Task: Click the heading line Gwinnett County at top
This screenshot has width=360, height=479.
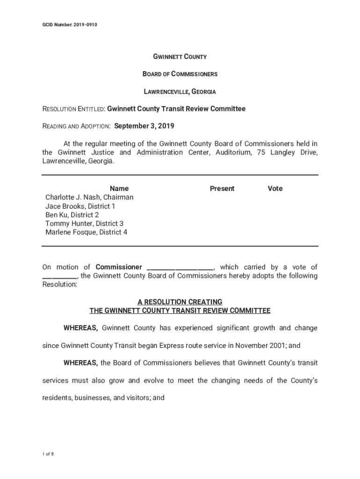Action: pos(180,57)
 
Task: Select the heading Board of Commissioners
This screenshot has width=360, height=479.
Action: pos(180,74)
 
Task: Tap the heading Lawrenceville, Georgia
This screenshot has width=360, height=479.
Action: pos(180,92)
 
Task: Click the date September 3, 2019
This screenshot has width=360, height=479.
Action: pos(144,126)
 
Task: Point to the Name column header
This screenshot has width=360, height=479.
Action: pos(119,189)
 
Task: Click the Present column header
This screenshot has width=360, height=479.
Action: pos(222,189)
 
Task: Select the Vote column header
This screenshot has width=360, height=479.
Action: pos(275,189)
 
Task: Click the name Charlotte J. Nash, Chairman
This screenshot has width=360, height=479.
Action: pos(89,197)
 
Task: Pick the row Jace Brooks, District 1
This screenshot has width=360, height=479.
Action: pos(80,206)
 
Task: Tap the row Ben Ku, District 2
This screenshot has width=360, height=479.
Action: pos(72,215)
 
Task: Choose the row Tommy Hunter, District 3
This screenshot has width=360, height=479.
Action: pos(84,224)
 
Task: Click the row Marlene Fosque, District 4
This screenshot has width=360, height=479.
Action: pos(86,232)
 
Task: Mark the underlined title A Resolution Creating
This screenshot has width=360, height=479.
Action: pos(180,302)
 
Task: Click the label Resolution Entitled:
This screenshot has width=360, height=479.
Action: pos(74,109)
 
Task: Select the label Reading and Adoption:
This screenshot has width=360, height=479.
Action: pos(77,127)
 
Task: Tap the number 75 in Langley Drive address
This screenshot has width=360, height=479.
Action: pos(261,152)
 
